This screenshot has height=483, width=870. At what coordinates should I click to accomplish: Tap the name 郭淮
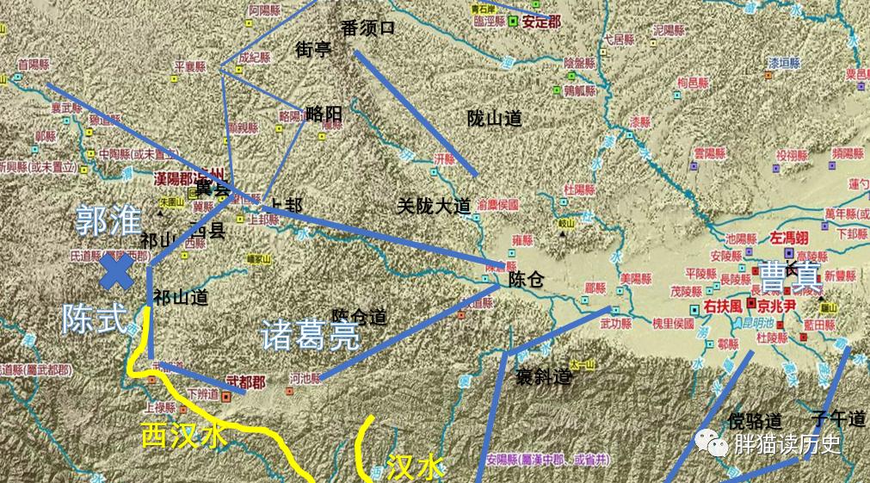point(107,221)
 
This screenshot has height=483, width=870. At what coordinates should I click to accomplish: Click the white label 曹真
point(787,276)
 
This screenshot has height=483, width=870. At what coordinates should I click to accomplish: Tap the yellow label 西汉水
point(185,436)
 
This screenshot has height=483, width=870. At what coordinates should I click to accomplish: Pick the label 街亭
point(313,49)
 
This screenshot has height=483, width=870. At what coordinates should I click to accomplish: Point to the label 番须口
point(367,28)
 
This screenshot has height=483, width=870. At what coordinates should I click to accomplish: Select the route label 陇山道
point(494,119)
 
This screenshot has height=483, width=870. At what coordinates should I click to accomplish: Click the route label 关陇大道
point(434,206)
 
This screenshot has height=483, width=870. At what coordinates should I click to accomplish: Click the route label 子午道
point(843,419)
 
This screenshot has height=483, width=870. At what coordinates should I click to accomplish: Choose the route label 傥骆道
point(755,421)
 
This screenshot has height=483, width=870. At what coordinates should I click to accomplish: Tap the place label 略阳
point(324,113)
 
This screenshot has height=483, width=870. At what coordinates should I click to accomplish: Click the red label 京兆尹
point(777,304)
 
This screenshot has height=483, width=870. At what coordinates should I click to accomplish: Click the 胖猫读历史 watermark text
point(786,444)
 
